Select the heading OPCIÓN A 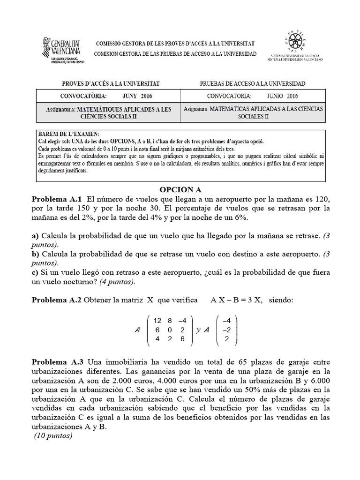(180, 189)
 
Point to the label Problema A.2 (57, 300)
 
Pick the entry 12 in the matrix (157, 321)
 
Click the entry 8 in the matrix (169, 321)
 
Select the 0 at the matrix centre (169, 330)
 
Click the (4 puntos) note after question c (114, 281)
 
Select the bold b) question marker (35, 254)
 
